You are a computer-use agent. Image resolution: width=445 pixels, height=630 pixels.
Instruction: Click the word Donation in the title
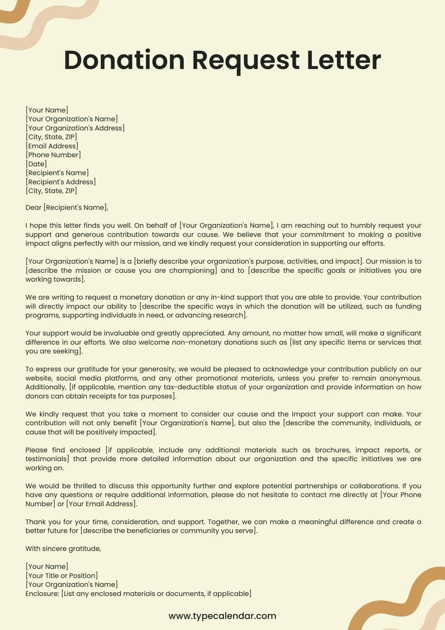[124, 60]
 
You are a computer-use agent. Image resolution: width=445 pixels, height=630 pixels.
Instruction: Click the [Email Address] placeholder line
[52, 146]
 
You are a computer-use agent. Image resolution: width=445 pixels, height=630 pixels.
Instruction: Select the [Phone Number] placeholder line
[53, 155]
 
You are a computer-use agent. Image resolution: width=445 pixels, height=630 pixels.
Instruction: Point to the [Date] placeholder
[36, 164]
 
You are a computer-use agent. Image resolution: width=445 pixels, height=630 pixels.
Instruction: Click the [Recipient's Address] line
[61, 182]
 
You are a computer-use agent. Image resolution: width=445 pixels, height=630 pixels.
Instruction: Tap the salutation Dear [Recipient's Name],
[67, 207]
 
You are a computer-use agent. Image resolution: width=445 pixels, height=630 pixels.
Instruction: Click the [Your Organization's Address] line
[75, 128]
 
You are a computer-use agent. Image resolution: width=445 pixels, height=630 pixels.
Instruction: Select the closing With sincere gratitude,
[63, 548]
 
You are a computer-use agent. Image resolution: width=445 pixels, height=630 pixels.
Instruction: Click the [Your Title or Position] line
[62, 576]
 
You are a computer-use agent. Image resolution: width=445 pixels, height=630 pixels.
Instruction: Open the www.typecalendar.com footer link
[222, 616]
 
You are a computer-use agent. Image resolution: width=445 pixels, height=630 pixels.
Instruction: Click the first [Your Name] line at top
[47, 110]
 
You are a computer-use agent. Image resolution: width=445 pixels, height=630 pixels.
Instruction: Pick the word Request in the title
[245, 60]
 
